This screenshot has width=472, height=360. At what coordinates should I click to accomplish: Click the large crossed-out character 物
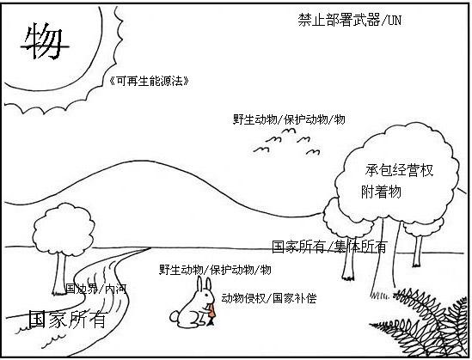[45, 42]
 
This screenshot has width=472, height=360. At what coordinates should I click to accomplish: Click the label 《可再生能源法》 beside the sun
[150, 81]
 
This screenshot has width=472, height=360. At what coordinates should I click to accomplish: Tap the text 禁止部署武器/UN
[350, 20]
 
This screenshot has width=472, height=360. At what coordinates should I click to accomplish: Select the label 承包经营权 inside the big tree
[399, 170]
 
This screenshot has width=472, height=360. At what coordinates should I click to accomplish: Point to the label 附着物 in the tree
[381, 192]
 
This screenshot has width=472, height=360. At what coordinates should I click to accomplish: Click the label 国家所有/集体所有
[329, 247]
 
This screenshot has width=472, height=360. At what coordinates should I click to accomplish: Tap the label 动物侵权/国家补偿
[269, 298]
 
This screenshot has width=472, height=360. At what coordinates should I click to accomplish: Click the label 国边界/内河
[96, 289]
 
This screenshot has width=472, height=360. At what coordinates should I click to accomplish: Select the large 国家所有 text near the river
[68, 320]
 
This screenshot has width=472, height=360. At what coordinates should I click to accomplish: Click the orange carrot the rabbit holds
[211, 314]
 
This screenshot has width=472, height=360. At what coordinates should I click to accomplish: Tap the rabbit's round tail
[175, 317]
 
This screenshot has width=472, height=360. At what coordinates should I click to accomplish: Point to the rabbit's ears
[204, 284]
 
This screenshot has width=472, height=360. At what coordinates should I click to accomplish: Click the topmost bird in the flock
[288, 131]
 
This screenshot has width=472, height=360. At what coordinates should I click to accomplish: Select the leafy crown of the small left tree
[64, 229]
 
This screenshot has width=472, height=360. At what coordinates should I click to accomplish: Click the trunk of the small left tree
[59, 274]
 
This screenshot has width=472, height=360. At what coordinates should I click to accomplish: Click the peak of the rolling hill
[144, 162]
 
